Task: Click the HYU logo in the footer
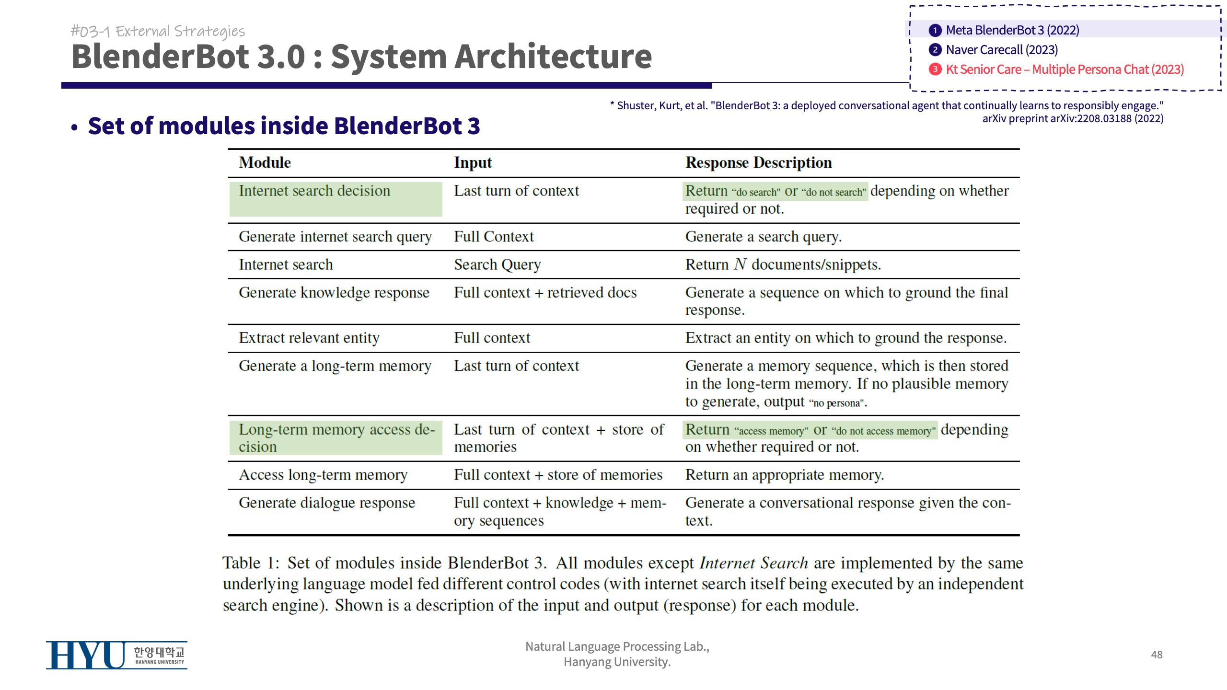(x=116, y=655)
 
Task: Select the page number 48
(x=1157, y=655)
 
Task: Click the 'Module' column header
(x=265, y=162)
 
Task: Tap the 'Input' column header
(x=473, y=162)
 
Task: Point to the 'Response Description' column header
(x=758, y=162)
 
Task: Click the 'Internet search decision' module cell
(x=314, y=191)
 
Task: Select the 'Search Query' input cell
(x=497, y=264)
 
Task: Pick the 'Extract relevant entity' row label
(x=309, y=338)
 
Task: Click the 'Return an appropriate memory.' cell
(x=784, y=475)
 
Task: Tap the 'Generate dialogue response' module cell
(x=327, y=503)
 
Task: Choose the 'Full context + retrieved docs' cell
(x=545, y=292)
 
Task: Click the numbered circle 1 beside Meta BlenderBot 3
(x=935, y=30)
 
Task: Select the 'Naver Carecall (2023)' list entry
(x=1002, y=50)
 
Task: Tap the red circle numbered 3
(x=935, y=69)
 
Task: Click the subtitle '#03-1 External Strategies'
(x=158, y=31)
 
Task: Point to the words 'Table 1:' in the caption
(x=251, y=563)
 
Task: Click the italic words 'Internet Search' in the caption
(x=753, y=563)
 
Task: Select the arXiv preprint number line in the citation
(x=1073, y=118)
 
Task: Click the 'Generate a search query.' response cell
(x=763, y=237)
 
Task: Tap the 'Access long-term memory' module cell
(x=323, y=475)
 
